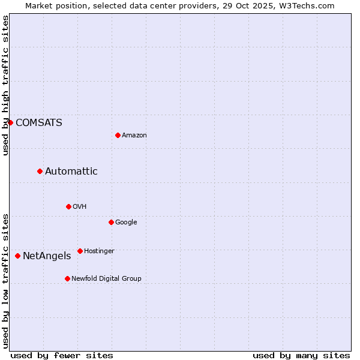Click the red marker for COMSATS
10,122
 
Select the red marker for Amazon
118,135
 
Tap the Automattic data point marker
40,171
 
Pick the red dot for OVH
68,206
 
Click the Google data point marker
111,222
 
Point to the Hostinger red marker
80,251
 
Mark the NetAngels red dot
17,256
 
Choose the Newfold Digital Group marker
67,278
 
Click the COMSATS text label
38,122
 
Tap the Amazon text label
134,135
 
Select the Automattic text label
71,171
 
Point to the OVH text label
80,206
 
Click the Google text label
126,222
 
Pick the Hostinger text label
99,251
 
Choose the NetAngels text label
47,256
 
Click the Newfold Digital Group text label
106,278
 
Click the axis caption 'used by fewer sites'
62,355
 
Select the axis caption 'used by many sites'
301,355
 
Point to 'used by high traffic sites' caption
5,85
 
